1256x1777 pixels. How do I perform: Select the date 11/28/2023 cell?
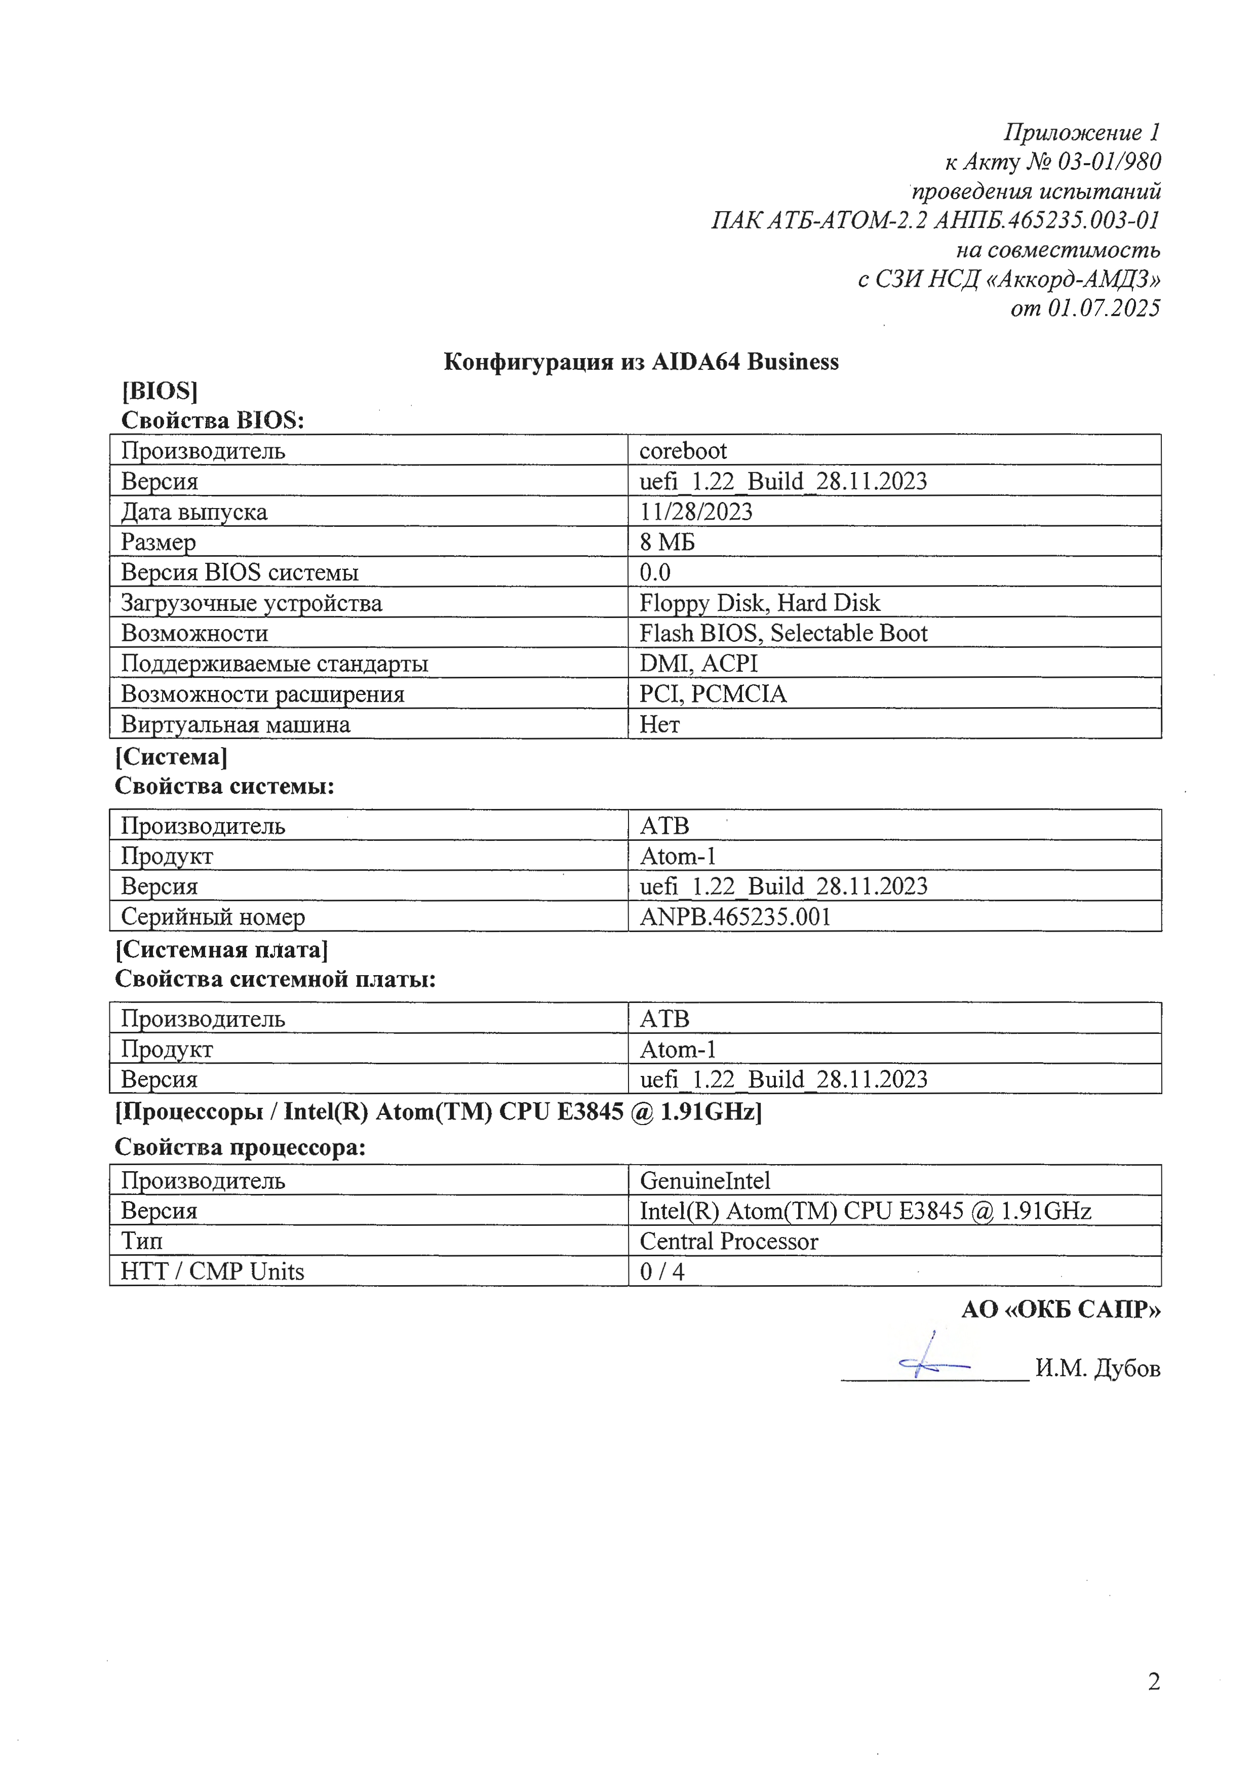pyautogui.click(x=696, y=512)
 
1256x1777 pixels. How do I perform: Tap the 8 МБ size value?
pyautogui.click(x=667, y=542)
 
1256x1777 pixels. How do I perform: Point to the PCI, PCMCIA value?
pyautogui.click(x=712, y=693)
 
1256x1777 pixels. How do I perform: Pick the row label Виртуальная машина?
pyautogui.click(x=235, y=724)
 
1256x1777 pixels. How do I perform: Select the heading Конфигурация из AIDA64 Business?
pyautogui.click(x=641, y=362)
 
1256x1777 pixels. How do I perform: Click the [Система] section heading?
pyautogui.click(x=171, y=756)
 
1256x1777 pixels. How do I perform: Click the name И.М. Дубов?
pyautogui.click(x=1097, y=1368)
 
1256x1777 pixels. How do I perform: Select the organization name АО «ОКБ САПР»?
pyautogui.click(x=1060, y=1309)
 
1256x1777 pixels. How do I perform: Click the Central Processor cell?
pyautogui.click(x=728, y=1242)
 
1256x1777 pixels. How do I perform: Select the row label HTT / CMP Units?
pyautogui.click(x=212, y=1271)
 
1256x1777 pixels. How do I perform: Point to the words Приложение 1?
pyautogui.click(x=1082, y=132)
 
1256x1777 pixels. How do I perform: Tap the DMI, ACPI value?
pyautogui.click(x=698, y=663)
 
